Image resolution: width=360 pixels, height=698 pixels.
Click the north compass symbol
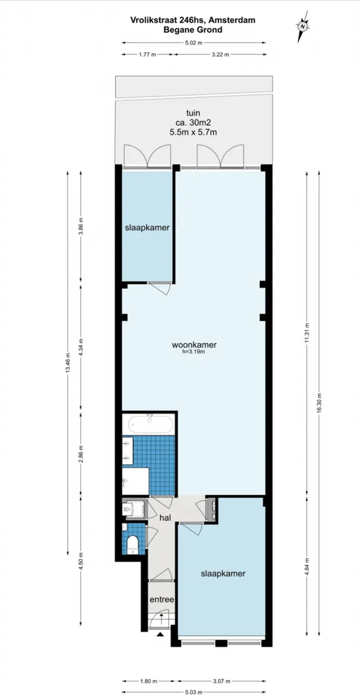[303, 26]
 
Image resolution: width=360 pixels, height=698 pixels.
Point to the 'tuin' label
[193, 113]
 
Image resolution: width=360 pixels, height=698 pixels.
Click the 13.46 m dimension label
[68, 364]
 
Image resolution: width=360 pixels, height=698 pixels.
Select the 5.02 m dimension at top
[194, 43]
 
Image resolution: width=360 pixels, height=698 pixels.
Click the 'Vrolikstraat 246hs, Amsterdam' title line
[193, 19]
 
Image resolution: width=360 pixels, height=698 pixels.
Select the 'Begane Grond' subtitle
[193, 29]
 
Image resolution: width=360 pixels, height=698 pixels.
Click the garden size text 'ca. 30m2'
[193, 122]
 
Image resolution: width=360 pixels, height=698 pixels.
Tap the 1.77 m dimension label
[147, 55]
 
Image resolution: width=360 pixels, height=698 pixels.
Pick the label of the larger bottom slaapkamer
[223, 573]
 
